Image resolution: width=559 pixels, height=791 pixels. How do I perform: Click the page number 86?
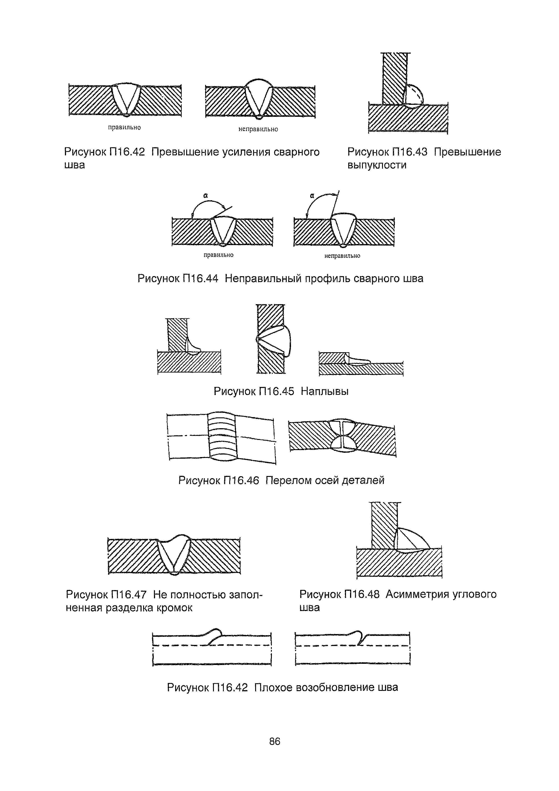click(x=275, y=741)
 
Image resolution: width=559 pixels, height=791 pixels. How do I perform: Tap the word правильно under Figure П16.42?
click(x=124, y=127)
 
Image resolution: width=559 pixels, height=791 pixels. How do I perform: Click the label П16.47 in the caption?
click(x=128, y=594)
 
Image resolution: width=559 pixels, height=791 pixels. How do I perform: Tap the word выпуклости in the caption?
click(x=377, y=165)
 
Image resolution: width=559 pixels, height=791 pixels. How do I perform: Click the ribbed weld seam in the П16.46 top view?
click(x=222, y=436)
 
